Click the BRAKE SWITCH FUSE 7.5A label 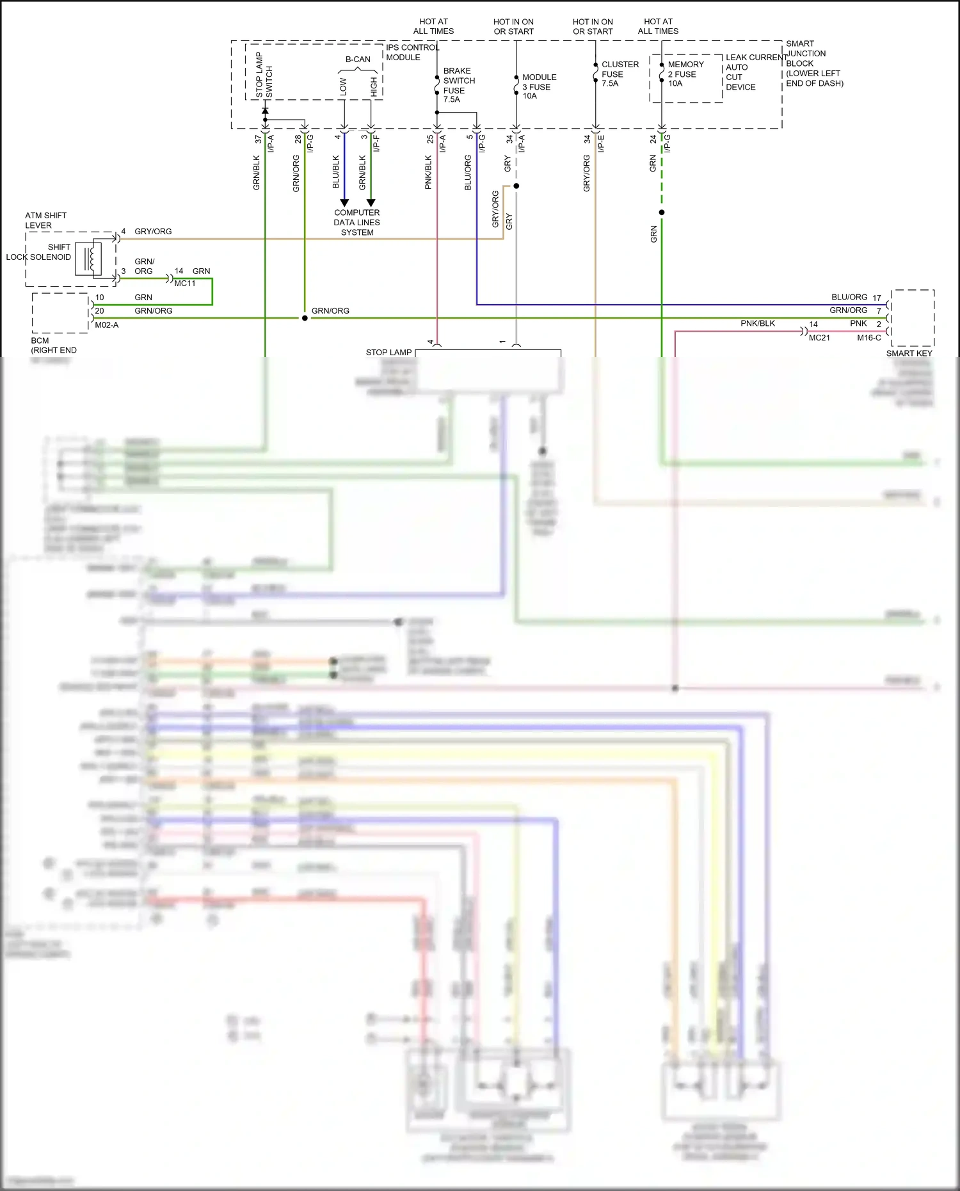[x=458, y=85]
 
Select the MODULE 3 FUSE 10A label [x=538, y=86]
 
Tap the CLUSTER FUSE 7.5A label [x=619, y=74]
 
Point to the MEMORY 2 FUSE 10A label [x=685, y=74]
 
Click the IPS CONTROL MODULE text [x=412, y=52]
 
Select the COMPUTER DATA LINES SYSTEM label [x=356, y=222]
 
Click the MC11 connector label [x=185, y=284]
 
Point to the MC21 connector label [x=819, y=338]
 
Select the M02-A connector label [x=106, y=325]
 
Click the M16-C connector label [x=868, y=338]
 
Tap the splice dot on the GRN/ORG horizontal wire [x=305, y=318]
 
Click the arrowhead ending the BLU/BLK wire [x=344, y=203]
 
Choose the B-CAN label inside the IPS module [x=358, y=60]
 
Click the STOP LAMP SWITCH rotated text [x=264, y=75]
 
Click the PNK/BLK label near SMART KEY [x=757, y=324]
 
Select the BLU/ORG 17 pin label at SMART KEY [x=856, y=298]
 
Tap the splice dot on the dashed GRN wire [x=662, y=212]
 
